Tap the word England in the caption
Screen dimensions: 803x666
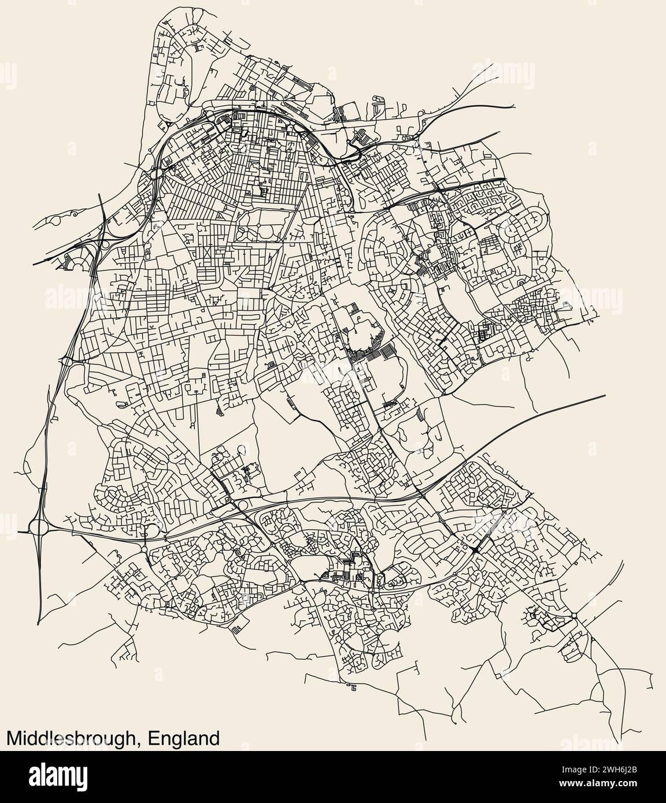coord(184,738)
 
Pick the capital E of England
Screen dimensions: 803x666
coord(153,738)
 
